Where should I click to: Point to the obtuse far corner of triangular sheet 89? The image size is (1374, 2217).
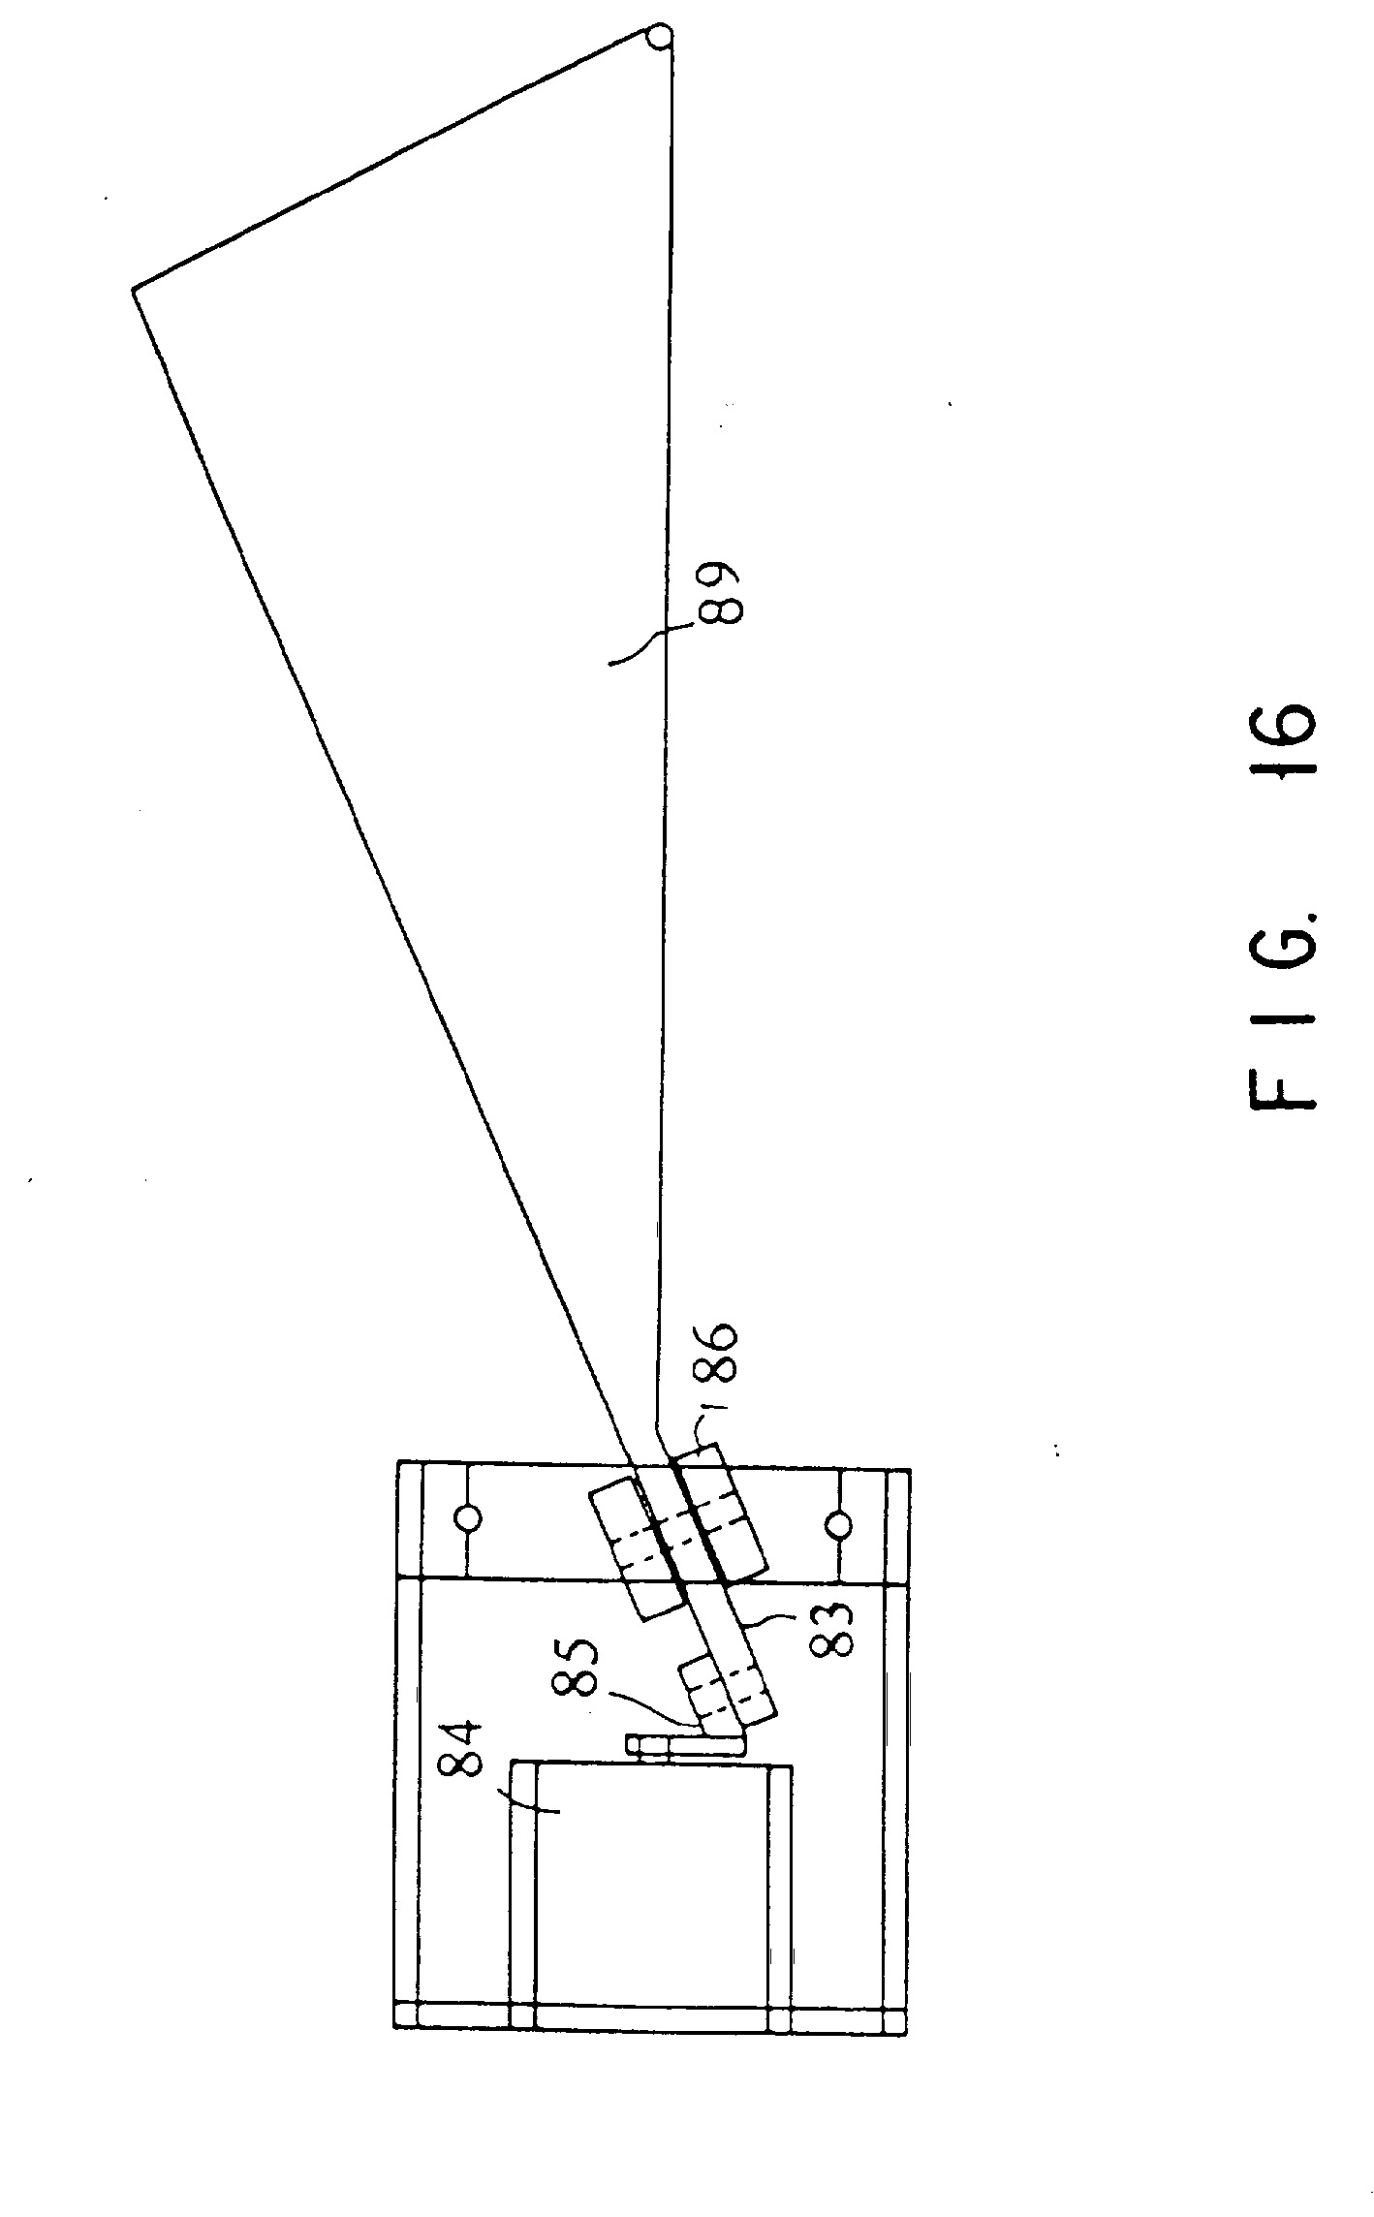coord(134,288)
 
